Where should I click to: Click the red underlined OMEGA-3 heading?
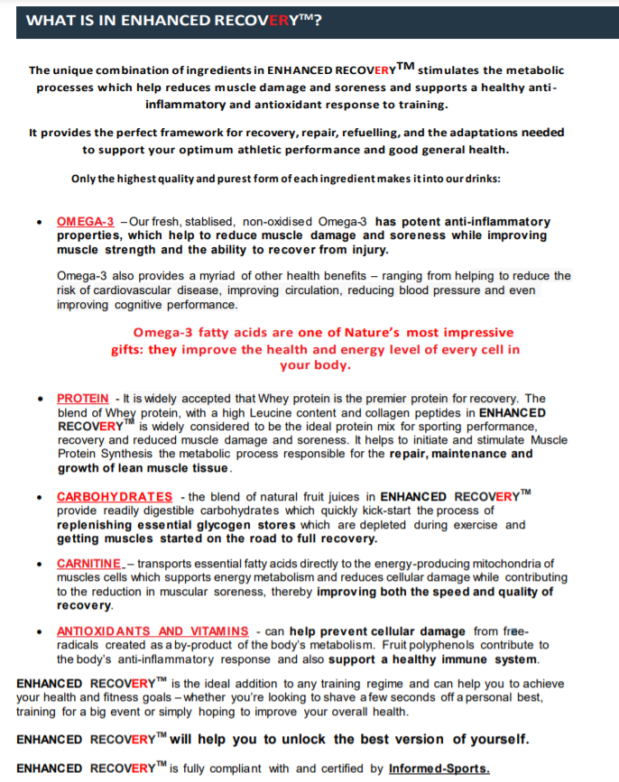[x=85, y=221]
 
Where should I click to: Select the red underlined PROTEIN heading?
[x=83, y=398]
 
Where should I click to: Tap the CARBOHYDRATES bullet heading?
[x=115, y=497]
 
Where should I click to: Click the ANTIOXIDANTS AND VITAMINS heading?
[x=152, y=630]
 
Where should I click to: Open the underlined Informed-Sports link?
[x=439, y=768]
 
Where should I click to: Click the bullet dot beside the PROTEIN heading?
[x=39, y=399]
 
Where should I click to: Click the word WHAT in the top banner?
[x=47, y=19]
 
